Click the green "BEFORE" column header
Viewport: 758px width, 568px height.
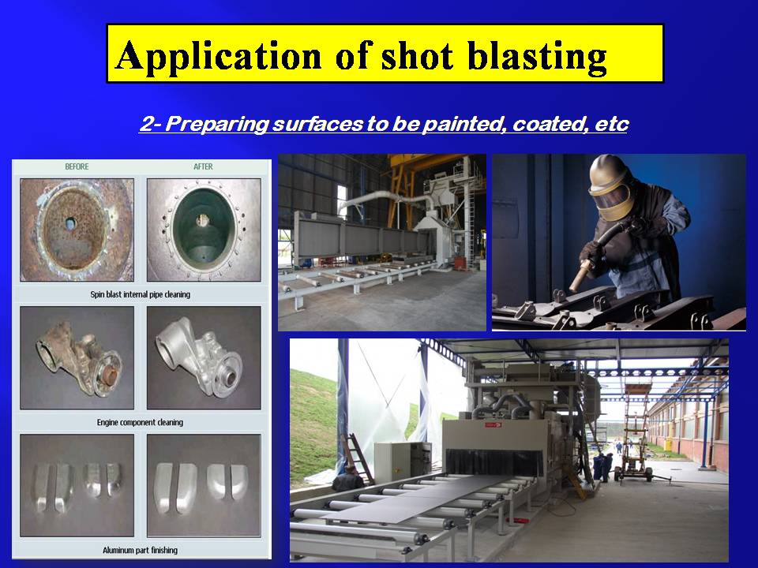tap(77, 166)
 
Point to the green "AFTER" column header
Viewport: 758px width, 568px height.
tap(203, 166)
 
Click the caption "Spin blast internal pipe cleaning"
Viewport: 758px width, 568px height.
tap(141, 294)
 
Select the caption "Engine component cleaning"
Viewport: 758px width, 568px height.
tap(141, 422)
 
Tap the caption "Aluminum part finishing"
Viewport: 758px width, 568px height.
tap(141, 550)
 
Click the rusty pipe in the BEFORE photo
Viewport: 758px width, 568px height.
tap(77, 230)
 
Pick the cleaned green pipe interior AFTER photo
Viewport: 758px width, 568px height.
tap(204, 230)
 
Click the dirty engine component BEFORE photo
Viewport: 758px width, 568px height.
tap(77, 358)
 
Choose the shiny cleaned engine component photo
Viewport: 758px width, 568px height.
tap(204, 358)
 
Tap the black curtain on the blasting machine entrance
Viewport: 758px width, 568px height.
tap(494, 462)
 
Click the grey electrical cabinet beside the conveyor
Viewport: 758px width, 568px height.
tap(403, 461)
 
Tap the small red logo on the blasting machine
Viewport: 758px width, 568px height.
tap(493, 425)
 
